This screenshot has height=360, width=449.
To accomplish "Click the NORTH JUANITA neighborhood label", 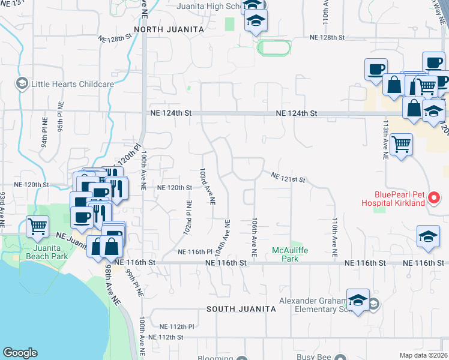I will [169, 29].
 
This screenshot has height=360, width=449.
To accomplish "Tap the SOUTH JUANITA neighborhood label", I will [241, 309].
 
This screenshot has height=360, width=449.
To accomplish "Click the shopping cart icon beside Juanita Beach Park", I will [38, 227].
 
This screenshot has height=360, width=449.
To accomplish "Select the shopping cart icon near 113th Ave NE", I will [401, 144].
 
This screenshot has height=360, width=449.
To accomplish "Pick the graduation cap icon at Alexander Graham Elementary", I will [358, 300].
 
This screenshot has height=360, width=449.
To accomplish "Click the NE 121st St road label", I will [289, 178].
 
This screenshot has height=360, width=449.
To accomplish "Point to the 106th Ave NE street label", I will [255, 238].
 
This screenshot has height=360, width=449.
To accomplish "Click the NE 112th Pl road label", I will [177, 327].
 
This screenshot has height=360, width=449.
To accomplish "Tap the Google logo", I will [20, 353].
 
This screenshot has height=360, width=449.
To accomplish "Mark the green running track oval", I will [274, 47].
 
